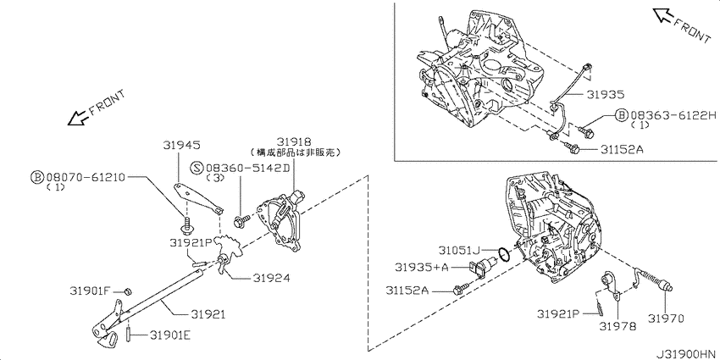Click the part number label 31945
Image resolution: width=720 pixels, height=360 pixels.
click(x=181, y=145)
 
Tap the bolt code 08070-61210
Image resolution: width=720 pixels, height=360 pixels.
click(x=85, y=177)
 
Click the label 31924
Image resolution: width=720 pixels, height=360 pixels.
click(x=271, y=278)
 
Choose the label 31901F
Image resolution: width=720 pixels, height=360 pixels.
click(x=91, y=291)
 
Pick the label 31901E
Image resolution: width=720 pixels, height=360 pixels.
click(x=169, y=335)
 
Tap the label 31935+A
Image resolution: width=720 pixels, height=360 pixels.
click(x=421, y=267)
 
